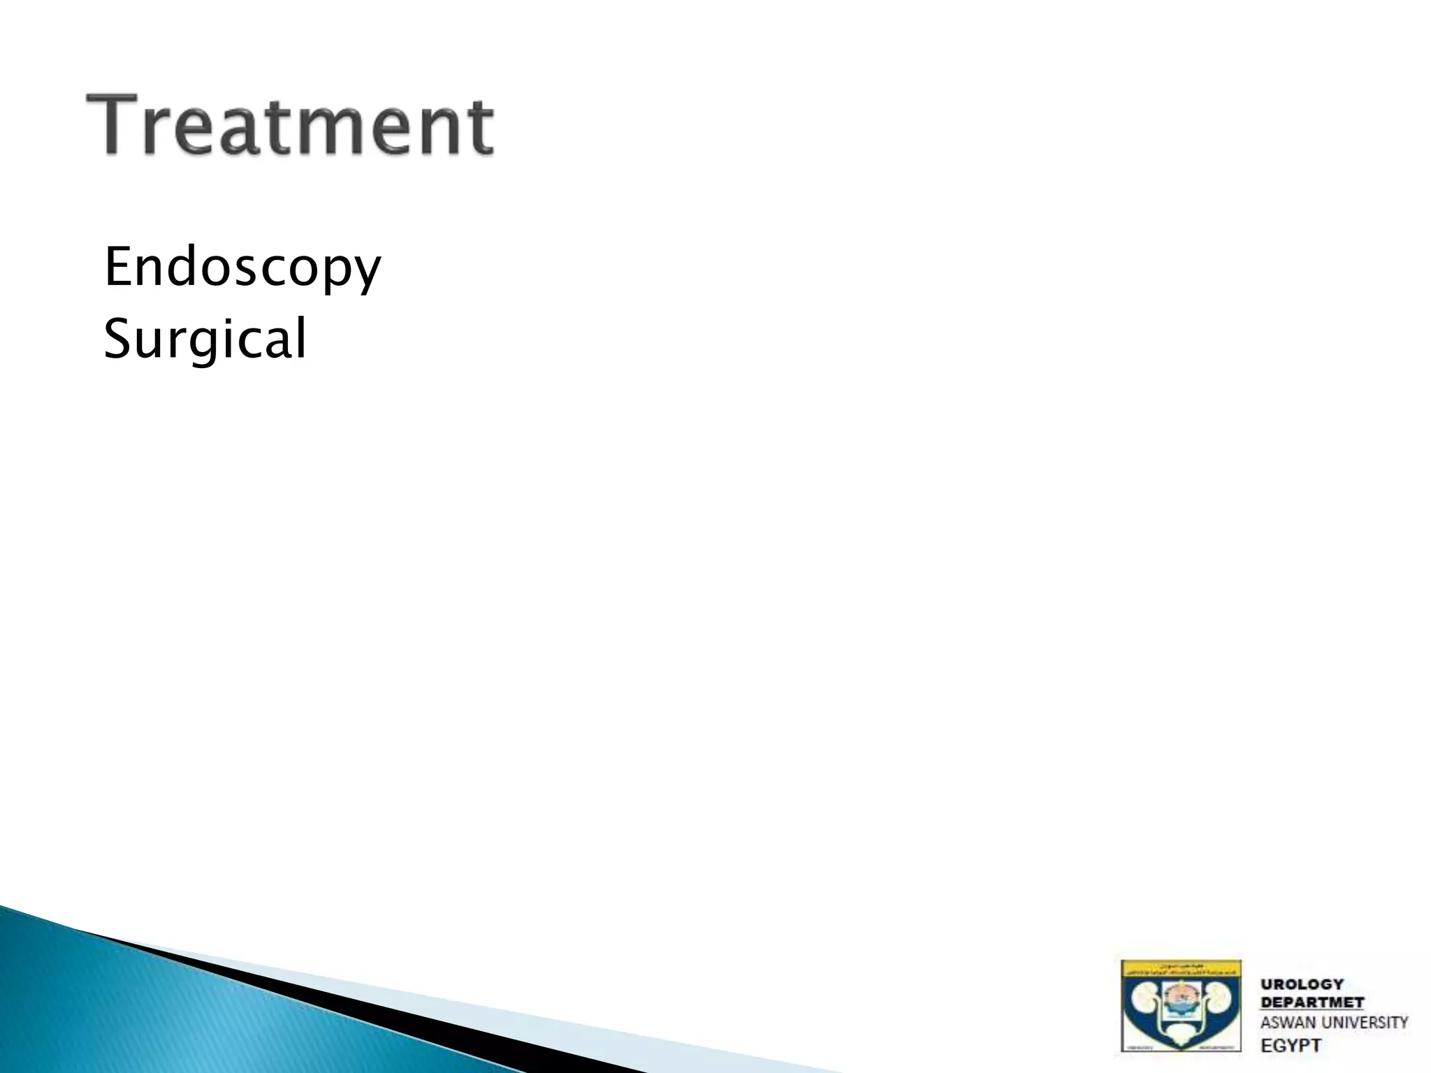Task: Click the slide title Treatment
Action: point(289,126)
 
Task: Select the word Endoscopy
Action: point(242,268)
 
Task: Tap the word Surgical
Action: point(205,339)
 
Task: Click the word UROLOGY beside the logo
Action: point(1302,984)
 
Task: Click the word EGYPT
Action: point(1291,1046)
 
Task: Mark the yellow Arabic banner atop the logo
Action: point(1182,971)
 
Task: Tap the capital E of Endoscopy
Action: point(118,267)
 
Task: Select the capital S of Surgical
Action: point(117,338)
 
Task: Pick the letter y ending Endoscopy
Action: point(368,274)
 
